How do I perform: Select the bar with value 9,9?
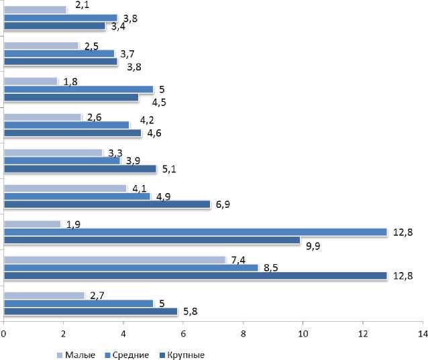coord(152,240)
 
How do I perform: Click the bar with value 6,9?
coord(107,204)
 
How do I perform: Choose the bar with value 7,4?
coord(114,259)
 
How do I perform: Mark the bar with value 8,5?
coord(131,267)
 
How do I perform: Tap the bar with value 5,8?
coord(90,312)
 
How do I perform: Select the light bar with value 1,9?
coord(32,224)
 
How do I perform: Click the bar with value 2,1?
coord(35,10)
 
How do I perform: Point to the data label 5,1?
coord(168,168)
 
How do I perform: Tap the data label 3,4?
coord(118,27)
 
